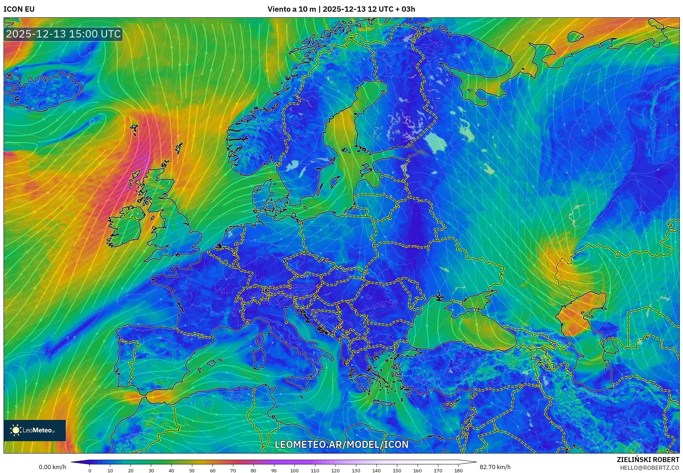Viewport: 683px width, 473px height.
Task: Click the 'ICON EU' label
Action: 19,9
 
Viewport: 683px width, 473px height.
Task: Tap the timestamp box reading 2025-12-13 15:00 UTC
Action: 63,34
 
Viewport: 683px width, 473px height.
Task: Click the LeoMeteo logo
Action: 35,430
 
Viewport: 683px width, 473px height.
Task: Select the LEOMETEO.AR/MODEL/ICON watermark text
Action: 341,444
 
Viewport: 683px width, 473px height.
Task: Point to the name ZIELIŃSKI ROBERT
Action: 648,460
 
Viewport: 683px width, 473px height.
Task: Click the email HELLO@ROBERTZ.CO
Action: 649,467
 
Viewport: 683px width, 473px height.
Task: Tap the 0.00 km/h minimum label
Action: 52,467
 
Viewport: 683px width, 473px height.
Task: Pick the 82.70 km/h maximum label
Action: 495,467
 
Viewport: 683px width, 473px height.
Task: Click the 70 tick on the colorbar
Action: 233,471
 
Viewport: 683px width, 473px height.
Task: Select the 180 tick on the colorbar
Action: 458,471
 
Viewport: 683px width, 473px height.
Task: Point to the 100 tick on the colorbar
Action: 294,471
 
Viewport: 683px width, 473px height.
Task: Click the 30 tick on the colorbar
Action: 151,471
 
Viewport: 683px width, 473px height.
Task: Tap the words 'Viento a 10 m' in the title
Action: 291,9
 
